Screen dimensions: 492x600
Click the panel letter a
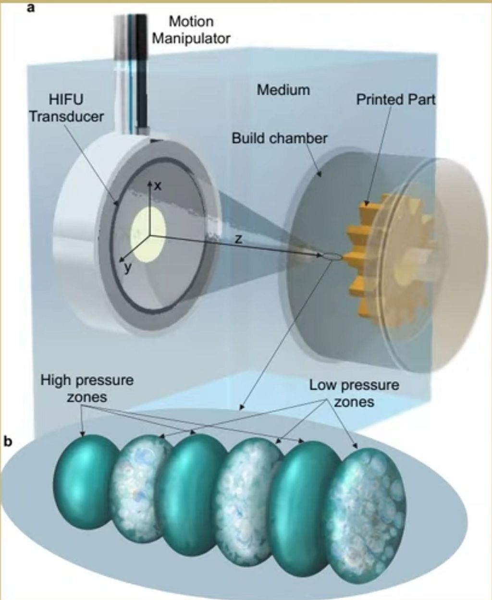click(30, 8)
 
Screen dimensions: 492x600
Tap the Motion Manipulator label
click(191, 30)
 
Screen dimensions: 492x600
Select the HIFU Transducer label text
click(67, 108)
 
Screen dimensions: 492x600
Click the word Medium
click(283, 90)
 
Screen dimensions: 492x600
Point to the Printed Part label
click(396, 99)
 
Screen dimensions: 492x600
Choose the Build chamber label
click(280, 138)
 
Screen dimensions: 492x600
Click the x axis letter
click(158, 186)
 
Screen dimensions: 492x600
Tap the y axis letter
click(129, 268)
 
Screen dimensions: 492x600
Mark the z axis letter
click(238, 239)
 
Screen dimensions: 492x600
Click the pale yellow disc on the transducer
click(148, 234)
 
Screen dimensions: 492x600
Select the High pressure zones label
click(87, 388)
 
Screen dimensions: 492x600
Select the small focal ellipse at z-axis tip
click(332, 257)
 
